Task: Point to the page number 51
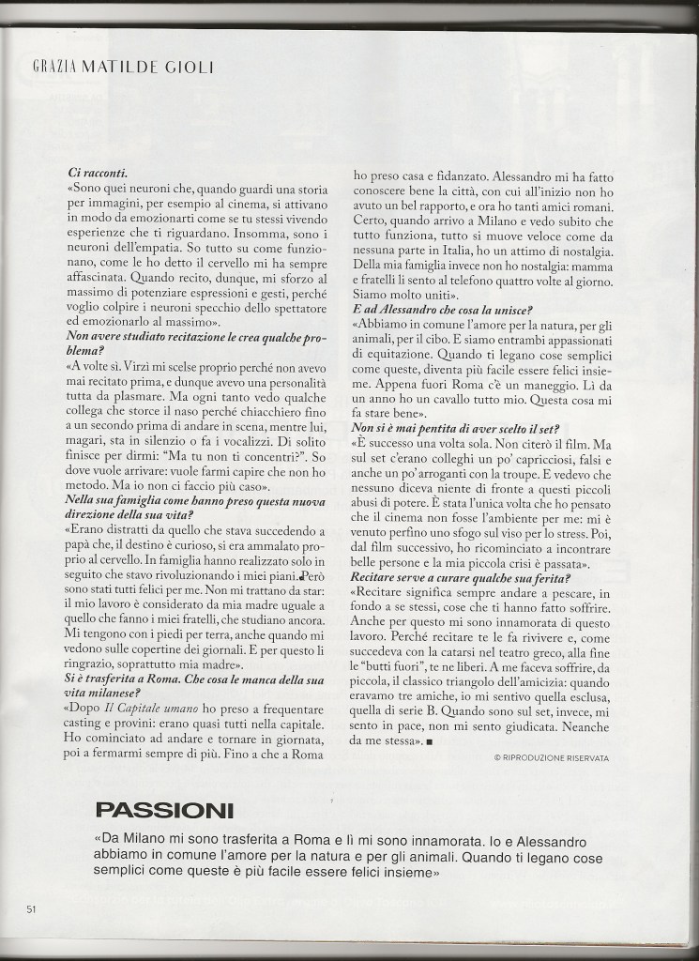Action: tap(31, 909)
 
